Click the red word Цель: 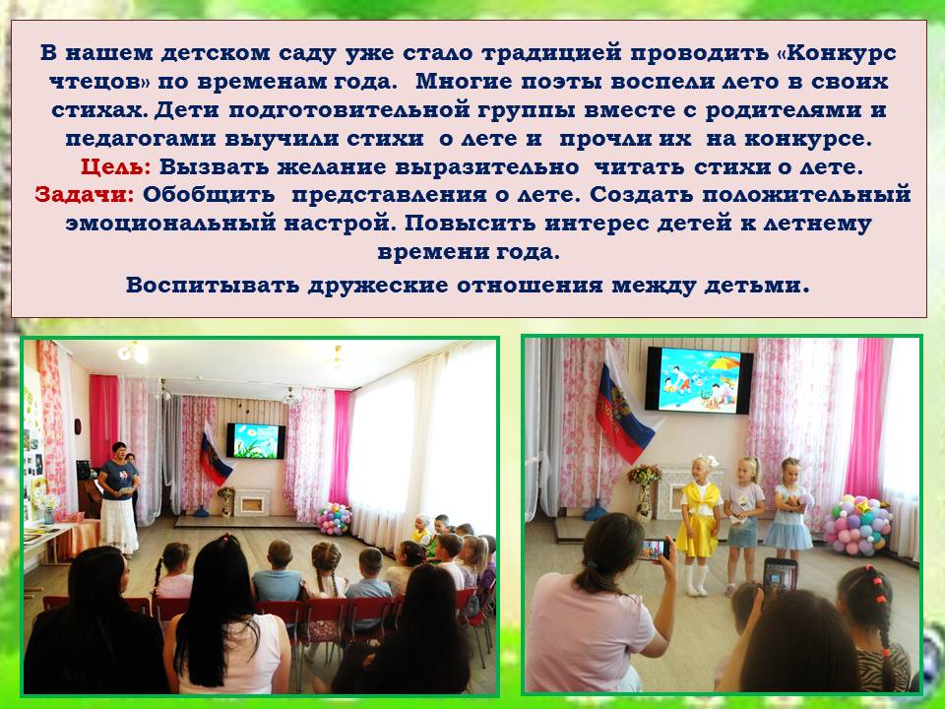point(115,167)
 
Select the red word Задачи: point(85,195)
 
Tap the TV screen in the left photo point(256,441)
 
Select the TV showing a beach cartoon point(699,380)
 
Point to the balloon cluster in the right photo point(858,525)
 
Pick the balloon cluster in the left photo point(334,518)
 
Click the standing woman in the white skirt point(118,498)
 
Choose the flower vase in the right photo point(644,492)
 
